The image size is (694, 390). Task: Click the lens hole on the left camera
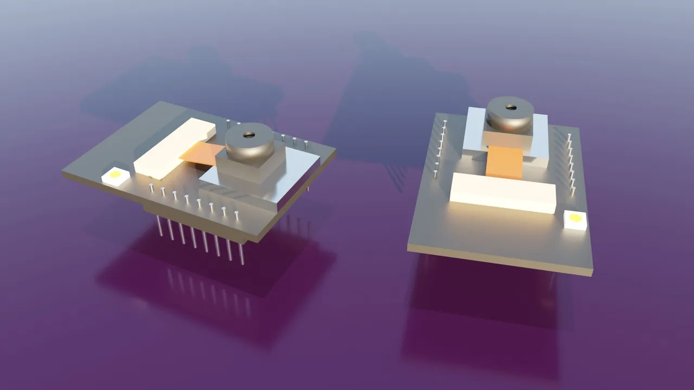249,134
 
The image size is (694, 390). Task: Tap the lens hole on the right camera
510,107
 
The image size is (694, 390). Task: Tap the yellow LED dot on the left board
115,175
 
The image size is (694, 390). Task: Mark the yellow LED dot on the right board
575,218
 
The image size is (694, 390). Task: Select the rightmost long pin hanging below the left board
241,254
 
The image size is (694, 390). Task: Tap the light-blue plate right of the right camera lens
542,138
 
